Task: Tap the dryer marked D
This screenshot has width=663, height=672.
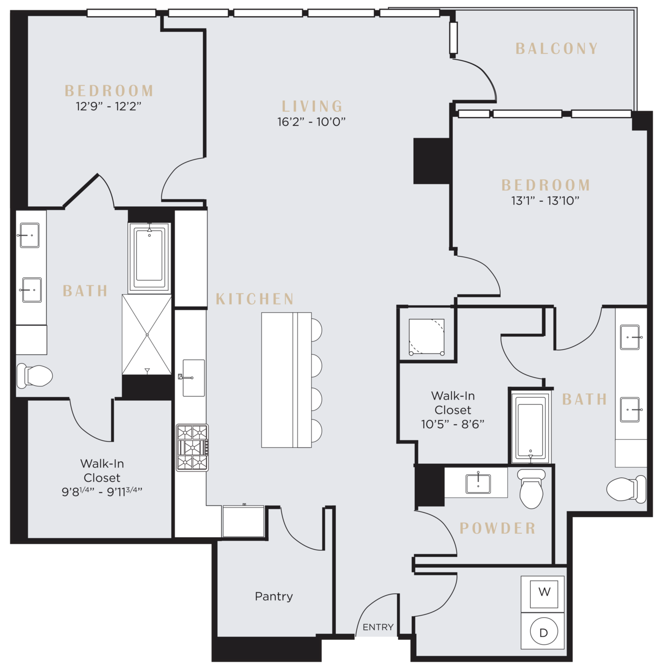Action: (543, 631)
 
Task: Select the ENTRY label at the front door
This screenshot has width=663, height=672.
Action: (378, 627)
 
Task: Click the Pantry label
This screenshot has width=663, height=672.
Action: (273, 597)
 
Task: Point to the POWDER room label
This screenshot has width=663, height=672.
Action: (498, 528)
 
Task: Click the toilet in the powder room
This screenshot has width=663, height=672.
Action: (531, 489)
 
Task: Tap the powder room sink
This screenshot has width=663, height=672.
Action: (478, 484)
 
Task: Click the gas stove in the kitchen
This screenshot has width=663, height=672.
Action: (192, 448)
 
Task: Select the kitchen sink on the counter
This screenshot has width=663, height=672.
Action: (194, 378)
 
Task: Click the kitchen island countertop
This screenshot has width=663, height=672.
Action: (286, 380)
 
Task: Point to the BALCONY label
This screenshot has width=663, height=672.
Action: (556, 49)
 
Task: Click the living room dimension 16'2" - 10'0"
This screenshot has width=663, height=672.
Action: (311, 122)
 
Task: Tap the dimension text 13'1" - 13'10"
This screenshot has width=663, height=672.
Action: (545, 201)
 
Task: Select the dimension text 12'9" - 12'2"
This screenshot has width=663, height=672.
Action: (109, 106)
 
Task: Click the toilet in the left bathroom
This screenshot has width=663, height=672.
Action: (35, 376)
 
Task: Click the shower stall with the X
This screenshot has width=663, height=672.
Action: (147, 335)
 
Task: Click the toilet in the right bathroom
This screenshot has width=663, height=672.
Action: (626, 489)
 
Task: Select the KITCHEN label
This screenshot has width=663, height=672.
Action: (255, 299)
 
